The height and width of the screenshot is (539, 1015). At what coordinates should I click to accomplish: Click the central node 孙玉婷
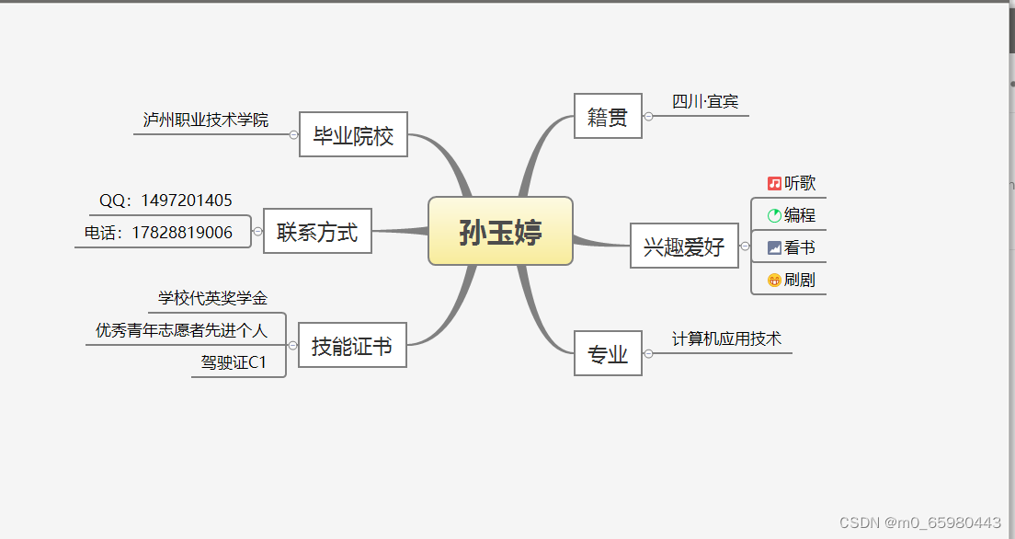500,231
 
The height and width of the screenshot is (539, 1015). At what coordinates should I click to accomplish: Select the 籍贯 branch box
608,116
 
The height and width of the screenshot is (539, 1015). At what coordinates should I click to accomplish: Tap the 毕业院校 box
353,135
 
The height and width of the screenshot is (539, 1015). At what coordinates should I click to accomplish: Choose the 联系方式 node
317,231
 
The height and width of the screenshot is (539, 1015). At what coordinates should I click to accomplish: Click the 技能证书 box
352,345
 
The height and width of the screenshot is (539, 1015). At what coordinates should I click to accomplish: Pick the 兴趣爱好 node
684,246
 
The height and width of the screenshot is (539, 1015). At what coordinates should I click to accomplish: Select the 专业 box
608,353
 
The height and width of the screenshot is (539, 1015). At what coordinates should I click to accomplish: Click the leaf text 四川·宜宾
705,102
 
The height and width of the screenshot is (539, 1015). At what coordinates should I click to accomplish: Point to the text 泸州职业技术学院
206,120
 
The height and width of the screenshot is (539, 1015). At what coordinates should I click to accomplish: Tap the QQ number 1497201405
183,201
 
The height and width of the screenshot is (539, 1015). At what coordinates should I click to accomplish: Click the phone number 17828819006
182,233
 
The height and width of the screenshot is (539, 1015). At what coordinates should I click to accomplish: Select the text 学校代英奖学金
212,298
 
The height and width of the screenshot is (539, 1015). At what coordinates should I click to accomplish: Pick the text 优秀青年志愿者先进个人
181,330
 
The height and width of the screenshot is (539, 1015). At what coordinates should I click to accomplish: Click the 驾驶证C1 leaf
234,362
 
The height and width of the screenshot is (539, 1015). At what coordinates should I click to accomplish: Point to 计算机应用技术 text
726,339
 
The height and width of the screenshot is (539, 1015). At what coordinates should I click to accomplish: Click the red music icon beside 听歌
774,184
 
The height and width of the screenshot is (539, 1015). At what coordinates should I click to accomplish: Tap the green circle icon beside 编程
774,216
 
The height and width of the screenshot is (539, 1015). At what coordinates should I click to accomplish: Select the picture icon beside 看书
774,247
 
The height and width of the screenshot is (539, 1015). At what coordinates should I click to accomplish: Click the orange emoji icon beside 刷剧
774,280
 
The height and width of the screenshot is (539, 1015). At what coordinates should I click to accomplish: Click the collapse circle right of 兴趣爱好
745,246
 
